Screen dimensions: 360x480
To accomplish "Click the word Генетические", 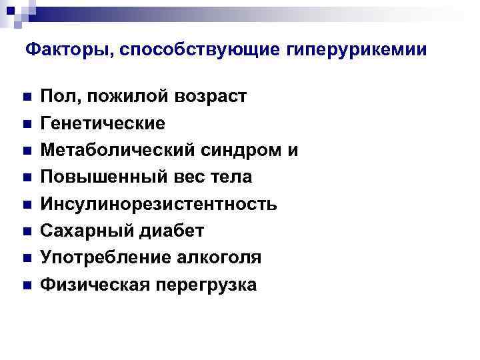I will tap(103, 124).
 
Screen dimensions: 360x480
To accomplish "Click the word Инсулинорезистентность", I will tap(159, 204).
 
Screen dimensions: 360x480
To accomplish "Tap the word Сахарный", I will tap(79, 231).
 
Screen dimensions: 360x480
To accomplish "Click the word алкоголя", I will tap(215, 258).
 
